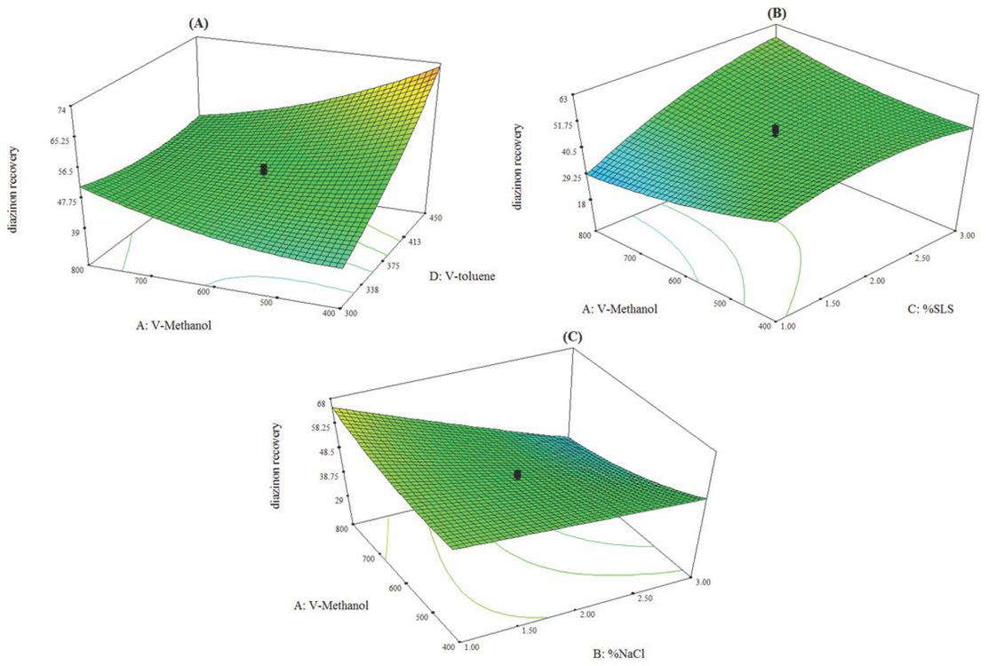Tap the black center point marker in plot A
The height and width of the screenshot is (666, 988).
pos(264,169)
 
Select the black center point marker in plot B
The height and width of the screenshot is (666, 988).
pos(776,131)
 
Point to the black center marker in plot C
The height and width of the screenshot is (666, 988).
pos(517,475)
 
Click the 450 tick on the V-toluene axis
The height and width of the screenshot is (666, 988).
pos(437,214)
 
